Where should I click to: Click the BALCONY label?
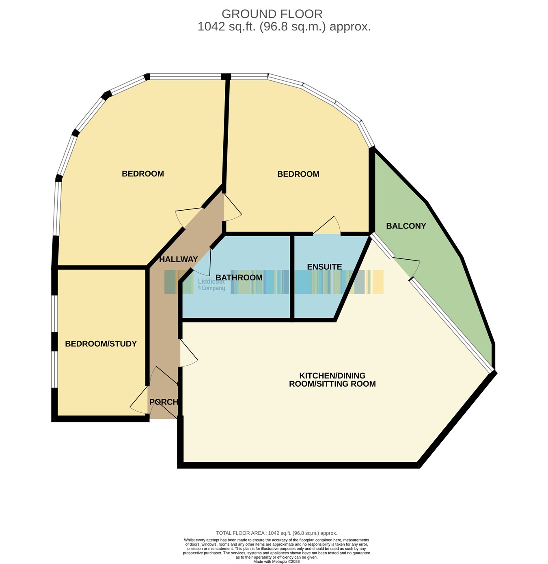click(x=406, y=226)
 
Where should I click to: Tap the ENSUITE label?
click(x=324, y=267)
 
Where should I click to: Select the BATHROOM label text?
click(x=239, y=278)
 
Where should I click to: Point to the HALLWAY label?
click(x=178, y=259)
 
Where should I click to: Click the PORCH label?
click(x=164, y=402)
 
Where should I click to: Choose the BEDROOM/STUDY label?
click(x=101, y=344)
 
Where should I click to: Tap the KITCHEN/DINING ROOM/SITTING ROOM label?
click(x=332, y=380)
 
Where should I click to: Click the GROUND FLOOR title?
click(x=272, y=14)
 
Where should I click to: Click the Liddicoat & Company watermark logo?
click(x=211, y=284)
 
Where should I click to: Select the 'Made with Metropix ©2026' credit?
click(x=276, y=562)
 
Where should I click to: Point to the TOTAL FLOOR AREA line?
click(x=276, y=533)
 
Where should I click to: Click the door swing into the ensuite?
click(x=327, y=225)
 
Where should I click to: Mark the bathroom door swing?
click(x=201, y=263)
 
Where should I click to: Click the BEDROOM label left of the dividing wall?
click(x=142, y=174)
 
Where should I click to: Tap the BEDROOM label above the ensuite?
click(x=298, y=174)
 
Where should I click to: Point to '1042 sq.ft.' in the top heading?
click(x=227, y=27)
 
